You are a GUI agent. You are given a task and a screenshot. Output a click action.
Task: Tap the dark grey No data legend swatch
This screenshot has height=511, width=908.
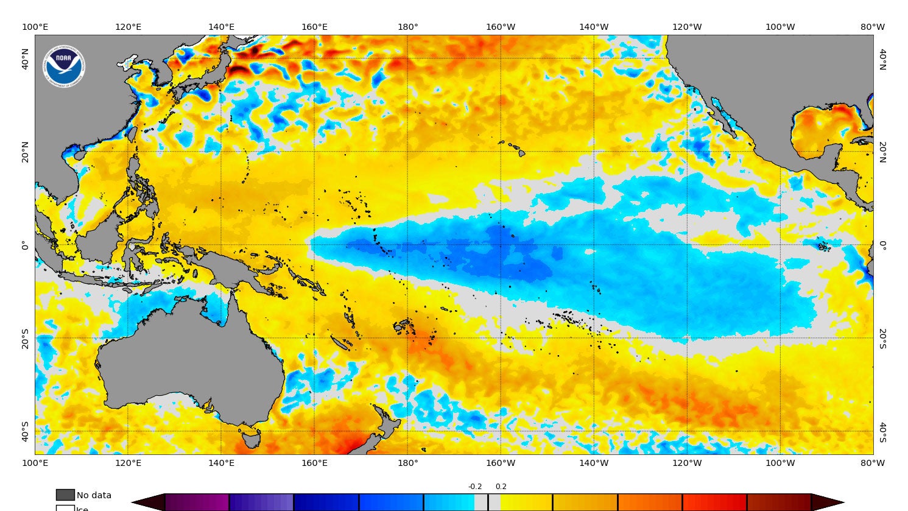pos(65,495)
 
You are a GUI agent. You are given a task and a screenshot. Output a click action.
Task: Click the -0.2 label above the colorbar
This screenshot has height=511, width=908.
pos(475,487)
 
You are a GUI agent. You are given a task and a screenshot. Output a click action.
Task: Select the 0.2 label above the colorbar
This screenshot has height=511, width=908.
pos(501,487)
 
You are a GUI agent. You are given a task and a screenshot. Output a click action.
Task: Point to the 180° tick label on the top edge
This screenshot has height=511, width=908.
pos(407,27)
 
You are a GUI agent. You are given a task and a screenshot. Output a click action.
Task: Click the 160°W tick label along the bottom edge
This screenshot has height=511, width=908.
pos(501,463)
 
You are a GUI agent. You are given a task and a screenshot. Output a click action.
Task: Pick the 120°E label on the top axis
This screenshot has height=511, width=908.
pos(128,27)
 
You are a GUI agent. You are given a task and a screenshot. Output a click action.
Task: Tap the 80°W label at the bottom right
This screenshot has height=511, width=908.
pos(873,463)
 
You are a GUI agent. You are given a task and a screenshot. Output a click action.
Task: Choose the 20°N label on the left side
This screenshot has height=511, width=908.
pos(26,152)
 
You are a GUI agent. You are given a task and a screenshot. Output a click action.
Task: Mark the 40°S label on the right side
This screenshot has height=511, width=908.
pos(882,432)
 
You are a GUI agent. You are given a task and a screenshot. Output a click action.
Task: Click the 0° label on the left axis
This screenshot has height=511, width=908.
pos(26,245)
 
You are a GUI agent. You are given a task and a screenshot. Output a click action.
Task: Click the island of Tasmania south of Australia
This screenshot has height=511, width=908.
pos(250,439)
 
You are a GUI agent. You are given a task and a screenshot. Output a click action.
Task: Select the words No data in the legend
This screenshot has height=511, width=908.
pos(94,495)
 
